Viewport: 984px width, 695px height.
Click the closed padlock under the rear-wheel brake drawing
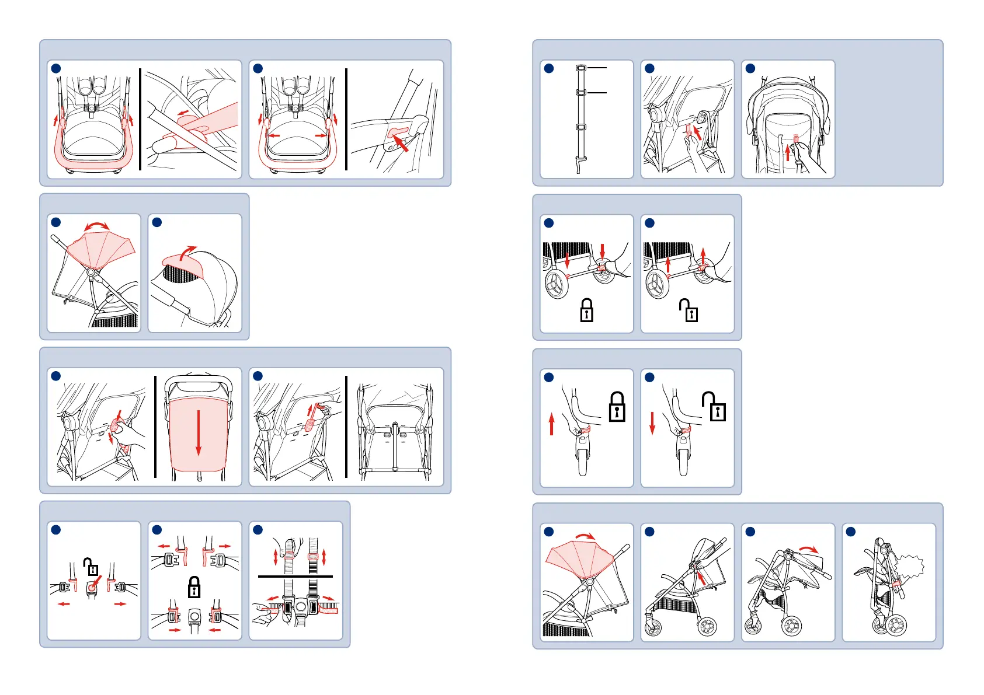click(x=586, y=310)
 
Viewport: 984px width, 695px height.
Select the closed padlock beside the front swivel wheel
click(x=617, y=407)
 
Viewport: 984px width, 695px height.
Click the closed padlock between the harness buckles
click(x=194, y=587)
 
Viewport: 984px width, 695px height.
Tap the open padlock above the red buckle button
click(x=91, y=567)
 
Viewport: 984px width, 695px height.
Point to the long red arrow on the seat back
click(x=199, y=432)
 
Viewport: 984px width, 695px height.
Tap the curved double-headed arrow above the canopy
click(x=97, y=226)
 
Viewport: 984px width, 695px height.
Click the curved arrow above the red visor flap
click(x=187, y=252)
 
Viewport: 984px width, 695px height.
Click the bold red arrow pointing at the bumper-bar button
click(x=400, y=142)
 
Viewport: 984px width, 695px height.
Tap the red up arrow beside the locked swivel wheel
click(x=551, y=424)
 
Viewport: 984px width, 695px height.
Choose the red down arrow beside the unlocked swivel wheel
click(x=652, y=423)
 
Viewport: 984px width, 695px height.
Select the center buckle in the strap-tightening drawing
click(x=301, y=607)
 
